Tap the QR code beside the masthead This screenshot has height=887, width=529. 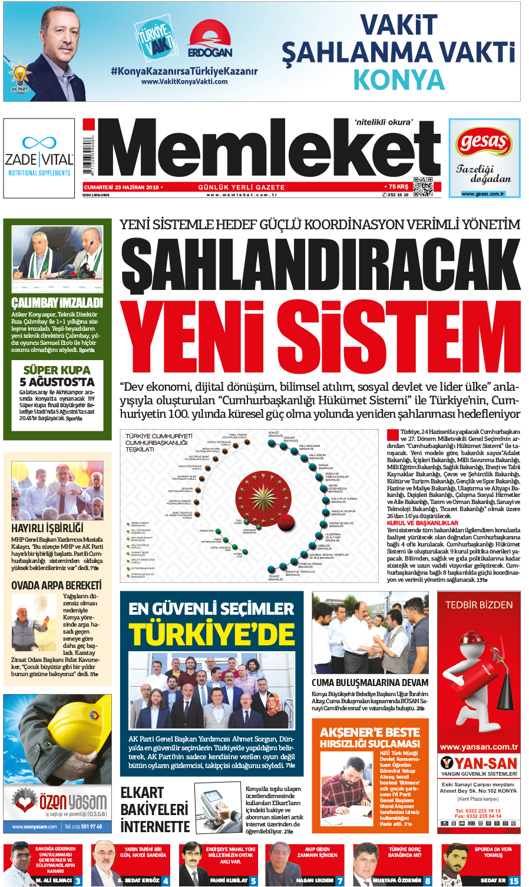422,187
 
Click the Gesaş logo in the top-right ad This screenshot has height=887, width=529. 484,142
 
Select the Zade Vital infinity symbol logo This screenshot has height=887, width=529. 39,143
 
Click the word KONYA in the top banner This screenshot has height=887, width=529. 399,80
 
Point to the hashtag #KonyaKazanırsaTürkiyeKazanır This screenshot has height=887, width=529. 184,71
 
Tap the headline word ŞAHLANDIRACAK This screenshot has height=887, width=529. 320,265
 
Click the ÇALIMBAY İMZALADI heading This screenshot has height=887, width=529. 57,303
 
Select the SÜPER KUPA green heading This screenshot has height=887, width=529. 57,370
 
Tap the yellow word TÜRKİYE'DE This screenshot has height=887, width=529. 211,635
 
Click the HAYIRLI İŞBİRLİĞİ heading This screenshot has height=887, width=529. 47,528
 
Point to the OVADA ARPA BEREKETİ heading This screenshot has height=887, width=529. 57,585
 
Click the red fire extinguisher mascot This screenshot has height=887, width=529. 477,678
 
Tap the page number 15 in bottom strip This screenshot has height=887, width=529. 514,881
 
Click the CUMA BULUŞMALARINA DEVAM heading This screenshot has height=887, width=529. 370,682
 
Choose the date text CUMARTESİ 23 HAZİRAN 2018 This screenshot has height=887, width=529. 121,187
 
